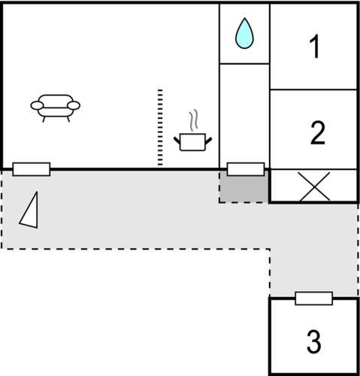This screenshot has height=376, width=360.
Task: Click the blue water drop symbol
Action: [x=244, y=33]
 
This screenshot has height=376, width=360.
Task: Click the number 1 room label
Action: [x=314, y=46]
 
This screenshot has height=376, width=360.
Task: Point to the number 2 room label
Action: [x=318, y=132]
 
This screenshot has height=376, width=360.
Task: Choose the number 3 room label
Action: [x=314, y=341]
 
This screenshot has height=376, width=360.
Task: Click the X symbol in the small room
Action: [x=314, y=186]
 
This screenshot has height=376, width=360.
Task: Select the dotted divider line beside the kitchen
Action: [x=160, y=127]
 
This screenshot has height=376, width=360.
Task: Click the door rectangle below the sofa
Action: [x=32, y=169]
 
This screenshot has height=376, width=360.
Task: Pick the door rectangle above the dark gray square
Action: [x=246, y=169]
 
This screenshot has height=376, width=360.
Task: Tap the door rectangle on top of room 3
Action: [x=314, y=299]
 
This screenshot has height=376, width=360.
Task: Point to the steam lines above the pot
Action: [x=194, y=120]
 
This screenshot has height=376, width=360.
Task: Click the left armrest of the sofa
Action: [x=37, y=105]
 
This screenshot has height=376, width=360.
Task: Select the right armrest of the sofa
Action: [x=74, y=105]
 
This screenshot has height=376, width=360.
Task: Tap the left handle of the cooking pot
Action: [x=177, y=141]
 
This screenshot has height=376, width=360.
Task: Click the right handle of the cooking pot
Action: [x=209, y=141]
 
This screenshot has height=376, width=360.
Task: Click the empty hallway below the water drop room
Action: [x=244, y=113]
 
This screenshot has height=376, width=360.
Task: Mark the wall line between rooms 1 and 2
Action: [x=313, y=89]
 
